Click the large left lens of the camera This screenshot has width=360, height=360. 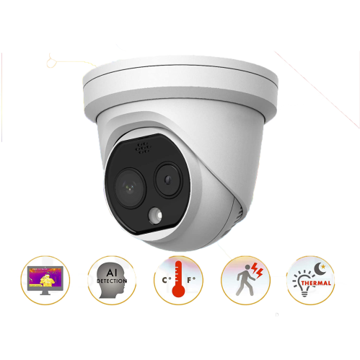(x=130, y=188)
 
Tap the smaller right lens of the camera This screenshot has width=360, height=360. (x=168, y=180)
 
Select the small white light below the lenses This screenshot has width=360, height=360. (x=155, y=215)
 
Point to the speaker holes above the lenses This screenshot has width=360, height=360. (x=144, y=148)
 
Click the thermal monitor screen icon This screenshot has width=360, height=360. (x=45, y=280)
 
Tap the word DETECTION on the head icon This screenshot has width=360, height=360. (x=112, y=281)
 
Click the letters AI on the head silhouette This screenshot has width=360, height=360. (x=111, y=273)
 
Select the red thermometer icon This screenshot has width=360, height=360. (x=178, y=279)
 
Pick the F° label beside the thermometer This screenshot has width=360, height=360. (x=191, y=280)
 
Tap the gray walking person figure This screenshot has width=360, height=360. (x=245, y=280)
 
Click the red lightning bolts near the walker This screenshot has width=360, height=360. (x=257, y=270)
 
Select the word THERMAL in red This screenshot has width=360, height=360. (x=316, y=283)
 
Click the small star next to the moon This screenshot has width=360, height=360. (x=323, y=266)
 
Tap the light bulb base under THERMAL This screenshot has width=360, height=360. (x=304, y=293)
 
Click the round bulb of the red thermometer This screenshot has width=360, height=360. (x=178, y=291)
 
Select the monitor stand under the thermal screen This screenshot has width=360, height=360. (x=45, y=293)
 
